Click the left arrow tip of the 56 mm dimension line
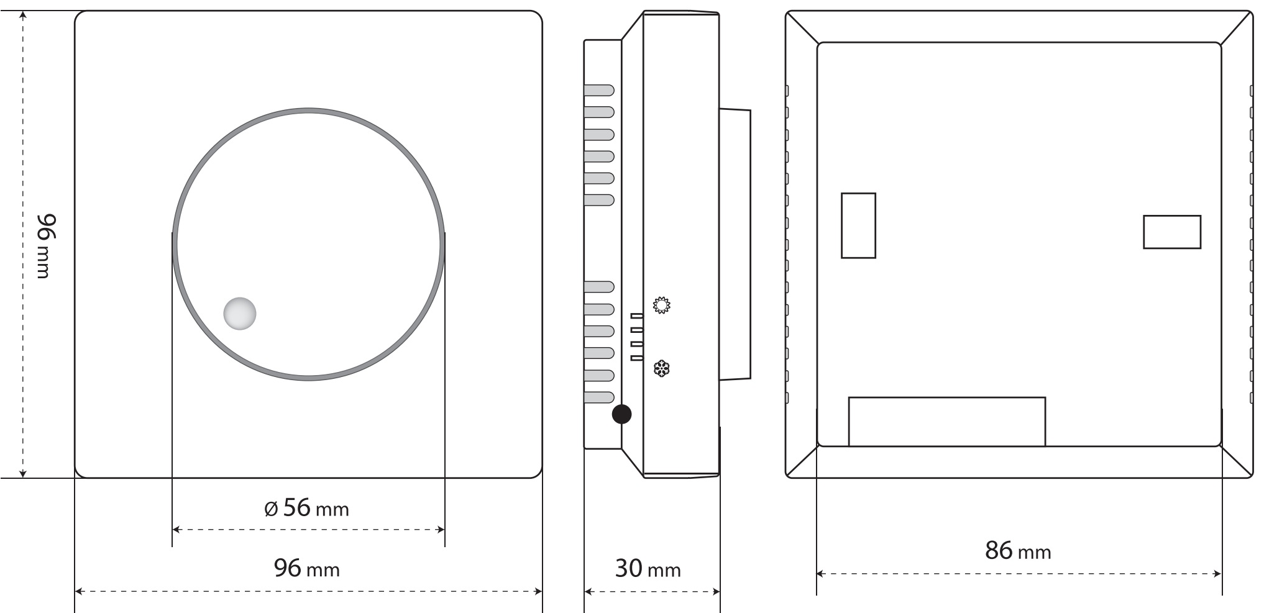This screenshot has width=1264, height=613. pyautogui.click(x=173, y=530)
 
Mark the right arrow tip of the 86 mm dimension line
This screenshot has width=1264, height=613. pyautogui.click(x=1221, y=574)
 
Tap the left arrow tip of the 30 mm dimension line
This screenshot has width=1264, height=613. pyautogui.click(x=585, y=592)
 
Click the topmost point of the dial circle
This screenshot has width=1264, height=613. pyautogui.click(x=309, y=109)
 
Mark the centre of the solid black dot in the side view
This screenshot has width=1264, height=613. pyautogui.click(x=621, y=414)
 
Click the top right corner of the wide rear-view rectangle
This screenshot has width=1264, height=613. pyautogui.click(x=1045, y=397)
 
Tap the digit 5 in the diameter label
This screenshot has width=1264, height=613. pyautogui.click(x=290, y=507)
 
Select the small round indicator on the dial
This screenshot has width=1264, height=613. pyautogui.click(x=240, y=313)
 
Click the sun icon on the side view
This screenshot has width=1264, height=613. pyautogui.click(x=662, y=305)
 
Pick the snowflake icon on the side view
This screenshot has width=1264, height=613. pyautogui.click(x=662, y=369)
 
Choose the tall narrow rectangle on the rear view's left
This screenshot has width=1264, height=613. pyautogui.click(x=858, y=225)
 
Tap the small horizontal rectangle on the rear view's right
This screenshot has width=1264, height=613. pyautogui.click(x=1172, y=232)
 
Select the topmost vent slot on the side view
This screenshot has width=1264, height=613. pyautogui.click(x=599, y=90)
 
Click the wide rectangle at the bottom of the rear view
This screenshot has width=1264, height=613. pyautogui.click(x=947, y=422)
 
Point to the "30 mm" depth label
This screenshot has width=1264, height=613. pyautogui.click(x=648, y=568)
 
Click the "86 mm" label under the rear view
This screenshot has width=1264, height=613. pyautogui.click(x=1018, y=550)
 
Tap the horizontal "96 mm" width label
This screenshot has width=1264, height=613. pyautogui.click(x=307, y=568)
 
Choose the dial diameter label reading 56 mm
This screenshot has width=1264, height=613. pyautogui.click(x=306, y=508)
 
